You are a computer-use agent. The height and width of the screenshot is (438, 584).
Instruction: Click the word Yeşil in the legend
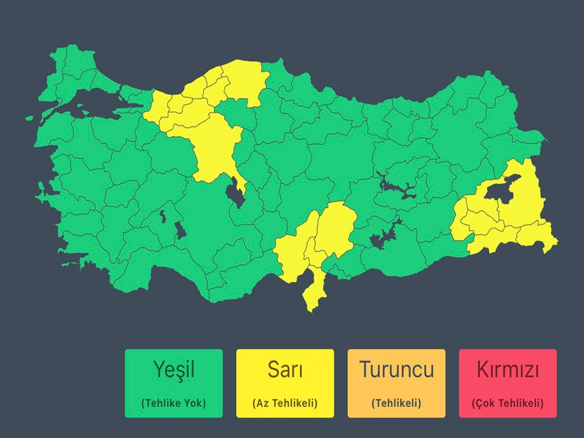click(173, 370)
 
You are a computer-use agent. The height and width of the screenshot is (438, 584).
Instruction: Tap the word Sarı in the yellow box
click(285, 370)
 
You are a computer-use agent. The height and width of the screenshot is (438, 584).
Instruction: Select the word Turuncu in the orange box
click(396, 370)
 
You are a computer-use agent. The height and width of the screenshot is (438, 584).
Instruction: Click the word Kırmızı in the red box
click(508, 370)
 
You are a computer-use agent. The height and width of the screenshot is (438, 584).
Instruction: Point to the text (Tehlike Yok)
click(173, 403)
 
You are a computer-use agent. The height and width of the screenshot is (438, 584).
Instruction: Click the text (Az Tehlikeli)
click(285, 403)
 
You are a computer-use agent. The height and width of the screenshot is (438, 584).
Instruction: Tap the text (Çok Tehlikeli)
click(508, 403)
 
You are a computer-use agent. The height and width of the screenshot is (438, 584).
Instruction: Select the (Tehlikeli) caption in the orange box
click(396, 403)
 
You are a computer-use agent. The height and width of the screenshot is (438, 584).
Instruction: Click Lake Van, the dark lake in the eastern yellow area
click(502, 191)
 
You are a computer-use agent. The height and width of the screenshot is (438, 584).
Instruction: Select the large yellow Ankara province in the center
click(214, 148)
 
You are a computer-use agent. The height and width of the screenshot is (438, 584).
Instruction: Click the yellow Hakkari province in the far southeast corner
click(539, 237)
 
